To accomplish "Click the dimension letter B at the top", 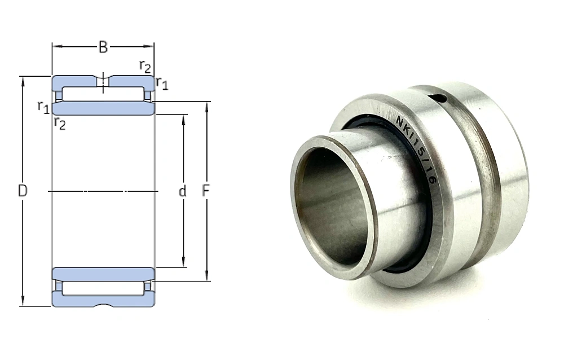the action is pyautogui.click(x=103, y=47).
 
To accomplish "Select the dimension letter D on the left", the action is pyautogui.click(x=23, y=191).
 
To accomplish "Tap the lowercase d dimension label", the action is pyautogui.click(x=183, y=191).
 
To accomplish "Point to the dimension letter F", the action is pyautogui.click(x=206, y=191).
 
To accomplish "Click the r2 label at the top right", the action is pyautogui.click(x=146, y=67).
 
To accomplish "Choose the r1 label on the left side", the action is pyautogui.click(x=43, y=107).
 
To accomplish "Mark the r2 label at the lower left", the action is pyautogui.click(x=60, y=123).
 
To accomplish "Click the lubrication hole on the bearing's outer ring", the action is pyautogui.click(x=439, y=98).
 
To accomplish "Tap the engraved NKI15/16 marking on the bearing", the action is pyautogui.click(x=417, y=150).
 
